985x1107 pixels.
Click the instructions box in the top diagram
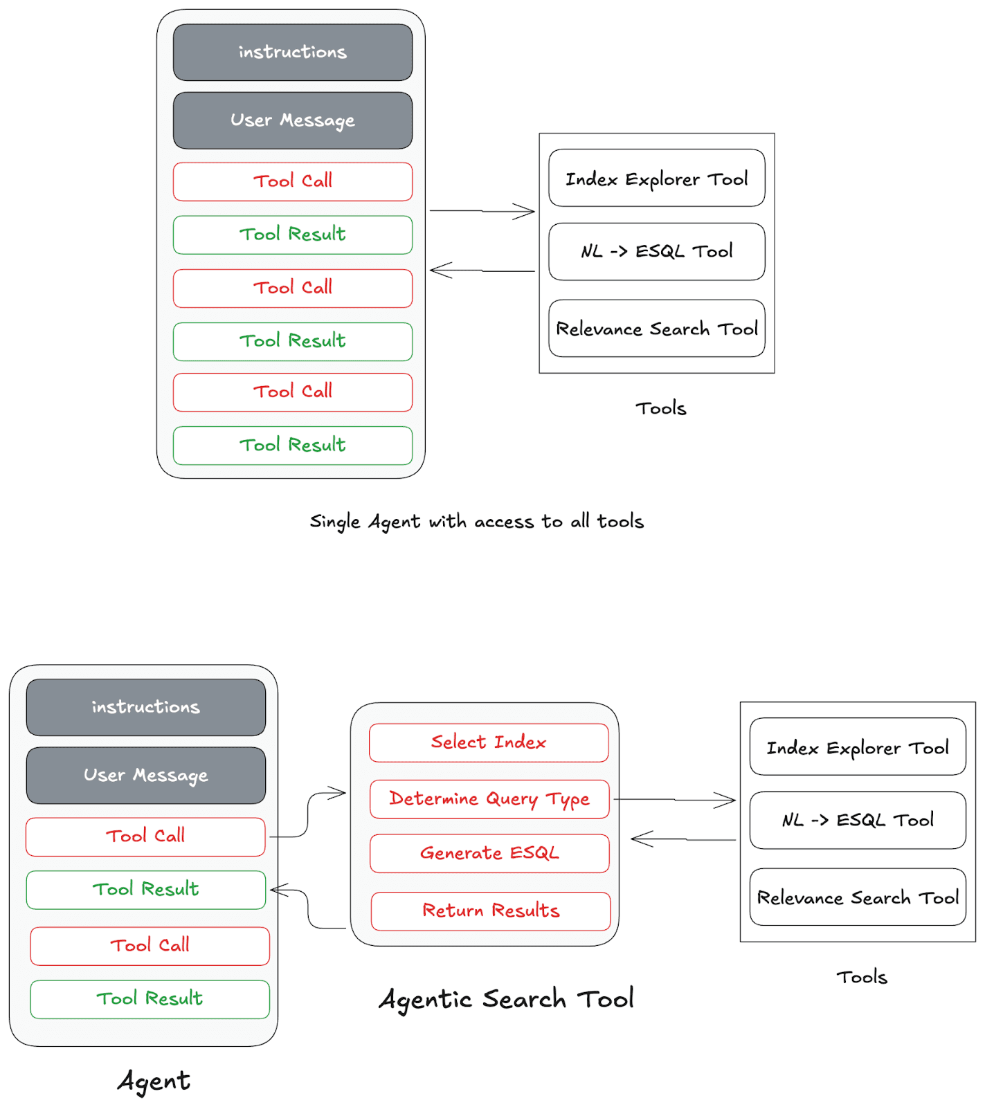[x=292, y=53]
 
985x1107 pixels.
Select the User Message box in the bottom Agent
[x=145, y=775]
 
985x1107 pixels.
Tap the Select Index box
[x=489, y=742]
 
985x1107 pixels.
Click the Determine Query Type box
[x=489, y=799]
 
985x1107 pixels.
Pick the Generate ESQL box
[x=489, y=853]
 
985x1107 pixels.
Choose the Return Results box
[x=491, y=911]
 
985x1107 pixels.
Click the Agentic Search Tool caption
[x=506, y=999]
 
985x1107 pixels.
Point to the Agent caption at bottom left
[x=154, y=1081]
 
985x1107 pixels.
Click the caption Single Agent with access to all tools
[x=476, y=521]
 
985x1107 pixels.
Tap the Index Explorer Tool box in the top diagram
[x=656, y=179]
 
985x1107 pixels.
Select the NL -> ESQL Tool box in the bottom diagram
[x=857, y=820]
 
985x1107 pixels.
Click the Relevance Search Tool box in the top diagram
[x=656, y=329]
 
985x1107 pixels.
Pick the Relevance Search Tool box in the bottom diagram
[x=857, y=897]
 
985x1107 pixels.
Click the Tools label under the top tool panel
[x=660, y=408]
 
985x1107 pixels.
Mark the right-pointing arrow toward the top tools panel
[x=482, y=211]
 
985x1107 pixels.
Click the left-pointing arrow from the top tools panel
[x=482, y=271]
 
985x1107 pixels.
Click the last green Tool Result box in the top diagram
[x=292, y=445]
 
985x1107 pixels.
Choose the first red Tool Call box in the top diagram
[x=292, y=181]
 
